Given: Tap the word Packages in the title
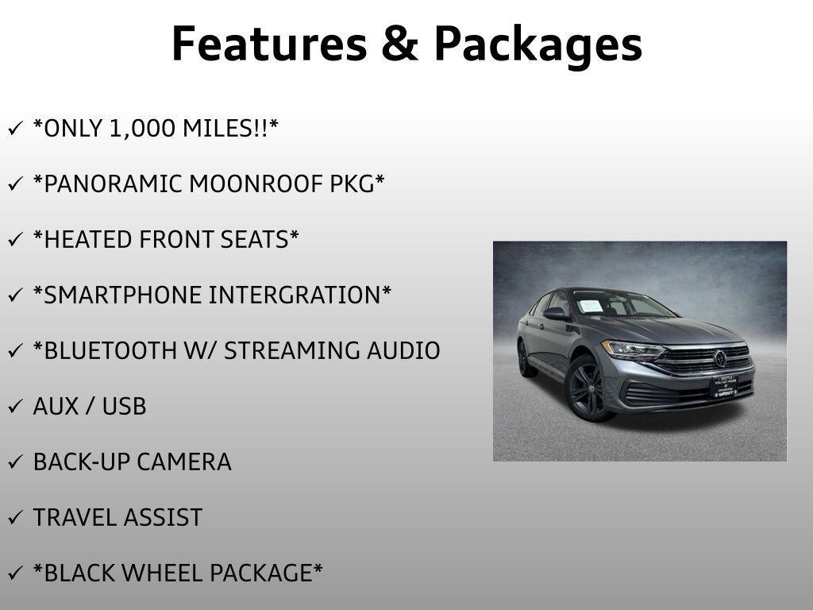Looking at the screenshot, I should coord(538,45).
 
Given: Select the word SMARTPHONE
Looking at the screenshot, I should coord(118,295).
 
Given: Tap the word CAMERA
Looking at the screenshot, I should coord(184,462).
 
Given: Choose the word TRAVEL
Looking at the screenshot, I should coord(74,518).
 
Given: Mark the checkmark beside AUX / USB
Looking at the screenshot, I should coord(16,407).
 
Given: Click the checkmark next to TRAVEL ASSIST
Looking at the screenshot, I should coord(16,519).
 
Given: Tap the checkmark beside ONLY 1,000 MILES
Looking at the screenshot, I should coord(16,129).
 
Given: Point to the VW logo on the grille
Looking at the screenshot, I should coord(720,358).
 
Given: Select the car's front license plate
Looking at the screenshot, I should coord(723,386).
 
